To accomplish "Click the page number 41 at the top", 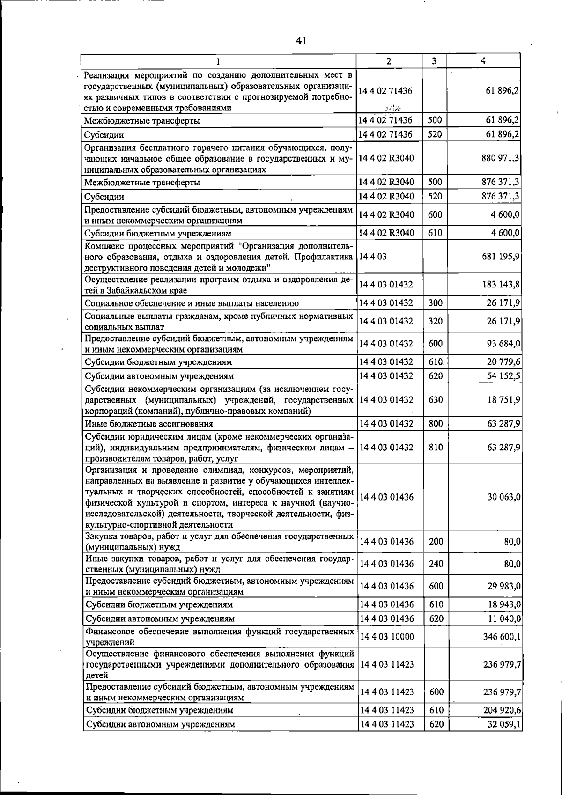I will click(301, 41).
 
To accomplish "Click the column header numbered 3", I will click(434, 61).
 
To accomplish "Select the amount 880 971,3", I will click(500, 158).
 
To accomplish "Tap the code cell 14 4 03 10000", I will click(386, 637).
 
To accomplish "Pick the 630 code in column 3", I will click(436, 400).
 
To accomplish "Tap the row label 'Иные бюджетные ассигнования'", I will click(149, 424).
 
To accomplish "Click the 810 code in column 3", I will click(436, 447).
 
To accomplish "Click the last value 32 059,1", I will click(504, 724).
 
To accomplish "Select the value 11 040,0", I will click(504, 618).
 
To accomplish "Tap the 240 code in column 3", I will click(436, 564).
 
